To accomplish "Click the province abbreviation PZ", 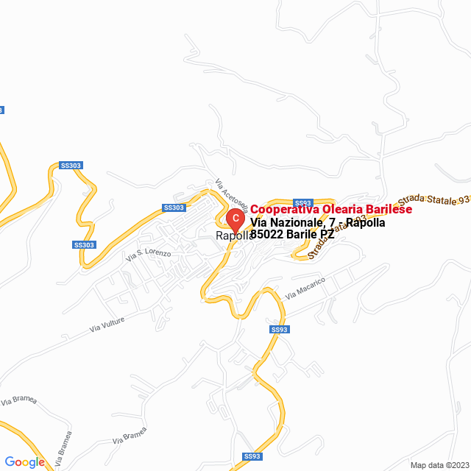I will click(x=327, y=235).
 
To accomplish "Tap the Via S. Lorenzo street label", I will click(x=148, y=255).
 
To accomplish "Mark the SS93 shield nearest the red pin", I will click(x=302, y=203).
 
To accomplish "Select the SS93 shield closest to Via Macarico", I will click(x=277, y=330).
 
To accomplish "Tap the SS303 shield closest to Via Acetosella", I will click(x=174, y=208).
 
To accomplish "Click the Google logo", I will click(x=24, y=462).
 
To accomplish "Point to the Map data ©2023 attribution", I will click(x=439, y=465).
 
